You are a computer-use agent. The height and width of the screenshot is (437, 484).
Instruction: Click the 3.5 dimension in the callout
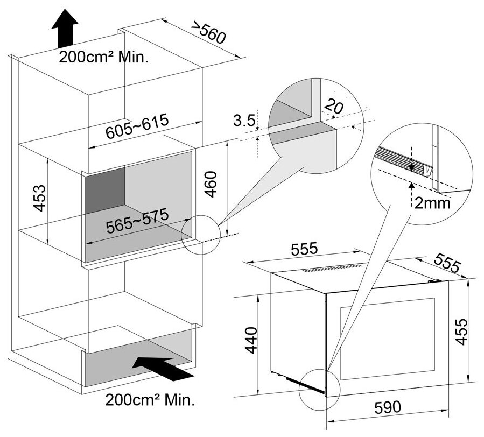point(244,121)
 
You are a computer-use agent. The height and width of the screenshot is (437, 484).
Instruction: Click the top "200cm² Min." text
point(104,58)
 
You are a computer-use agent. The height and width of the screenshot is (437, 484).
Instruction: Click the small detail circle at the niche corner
point(200,235)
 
